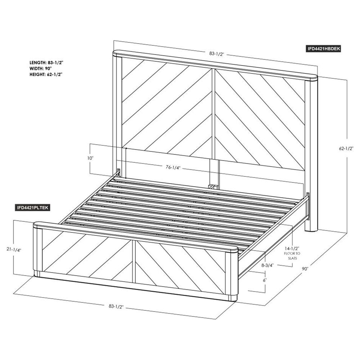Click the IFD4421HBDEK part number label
pos(323,49)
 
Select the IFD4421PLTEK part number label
pos(32,208)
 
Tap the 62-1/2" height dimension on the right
pos(346,148)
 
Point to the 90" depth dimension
pos(305,269)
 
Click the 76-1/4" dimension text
pos(173,167)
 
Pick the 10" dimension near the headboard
pos(90,158)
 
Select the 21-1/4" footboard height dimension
pos(14,250)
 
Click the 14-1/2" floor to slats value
pos(292,248)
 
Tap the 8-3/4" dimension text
pos(268,265)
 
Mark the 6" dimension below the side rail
pos(265,280)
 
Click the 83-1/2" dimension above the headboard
pos(216,54)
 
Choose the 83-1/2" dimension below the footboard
pos(116,306)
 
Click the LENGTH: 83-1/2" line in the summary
pos(46,62)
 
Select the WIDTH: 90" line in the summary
pos(41,68)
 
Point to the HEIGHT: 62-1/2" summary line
pos(46,75)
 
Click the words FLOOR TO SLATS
pos(292,256)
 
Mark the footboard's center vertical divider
pos(134,261)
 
